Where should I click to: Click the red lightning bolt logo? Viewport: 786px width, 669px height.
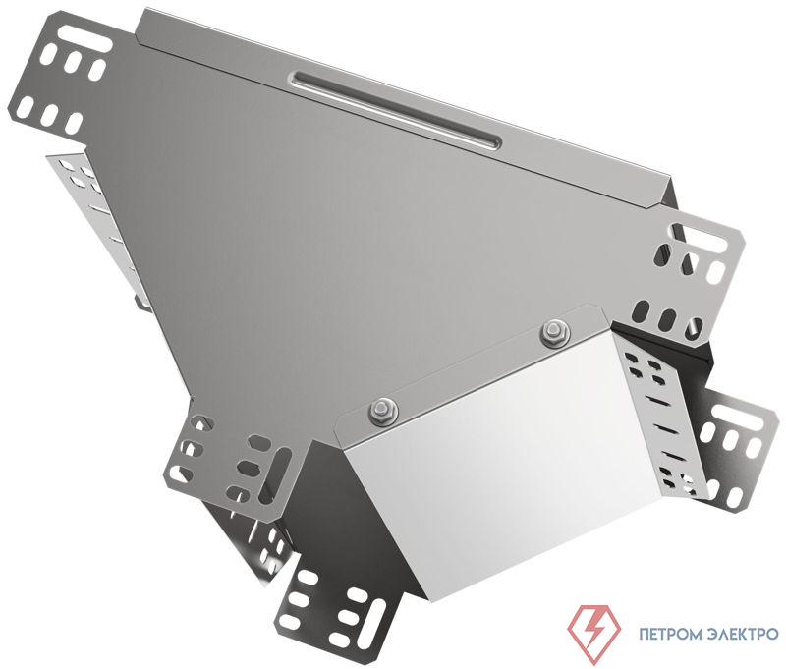coord(594,634)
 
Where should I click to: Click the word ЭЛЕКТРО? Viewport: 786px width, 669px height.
coord(744,635)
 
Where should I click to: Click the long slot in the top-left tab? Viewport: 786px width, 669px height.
coord(84,37)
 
